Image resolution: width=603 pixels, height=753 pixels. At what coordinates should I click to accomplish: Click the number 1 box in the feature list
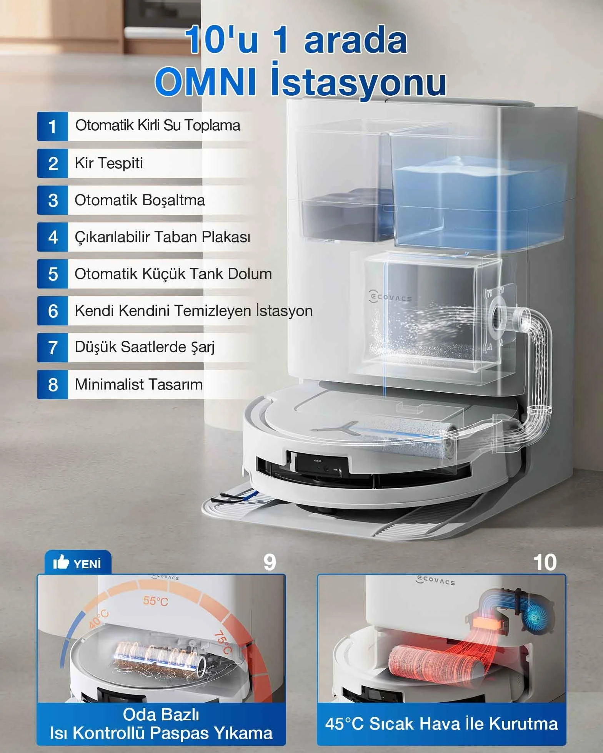(53, 126)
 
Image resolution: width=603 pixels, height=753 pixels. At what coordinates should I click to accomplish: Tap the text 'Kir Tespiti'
(109, 163)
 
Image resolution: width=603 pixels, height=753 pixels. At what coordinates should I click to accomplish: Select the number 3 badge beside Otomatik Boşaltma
(53, 200)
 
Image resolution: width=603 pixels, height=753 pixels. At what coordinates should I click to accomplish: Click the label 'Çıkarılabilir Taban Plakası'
(162, 237)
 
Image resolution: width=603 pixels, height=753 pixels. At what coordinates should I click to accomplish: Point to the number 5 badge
(53, 274)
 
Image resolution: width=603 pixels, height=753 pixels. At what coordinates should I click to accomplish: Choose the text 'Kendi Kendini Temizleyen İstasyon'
(193, 310)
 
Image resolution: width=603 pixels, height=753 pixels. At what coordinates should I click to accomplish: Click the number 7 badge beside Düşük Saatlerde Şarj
(53, 348)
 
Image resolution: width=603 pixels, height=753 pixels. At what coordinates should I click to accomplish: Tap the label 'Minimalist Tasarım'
(139, 384)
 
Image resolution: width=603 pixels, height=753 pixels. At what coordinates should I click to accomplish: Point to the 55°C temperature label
(156, 601)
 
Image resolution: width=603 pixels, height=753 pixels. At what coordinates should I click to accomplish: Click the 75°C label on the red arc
(223, 642)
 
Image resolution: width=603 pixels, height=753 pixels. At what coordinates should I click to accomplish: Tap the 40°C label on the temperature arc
(99, 619)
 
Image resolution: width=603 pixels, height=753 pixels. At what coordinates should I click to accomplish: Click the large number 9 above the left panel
(270, 562)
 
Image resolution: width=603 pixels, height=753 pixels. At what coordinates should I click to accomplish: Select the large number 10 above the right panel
(545, 562)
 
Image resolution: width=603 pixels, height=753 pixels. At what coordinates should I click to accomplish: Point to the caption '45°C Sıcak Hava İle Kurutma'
(441, 724)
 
